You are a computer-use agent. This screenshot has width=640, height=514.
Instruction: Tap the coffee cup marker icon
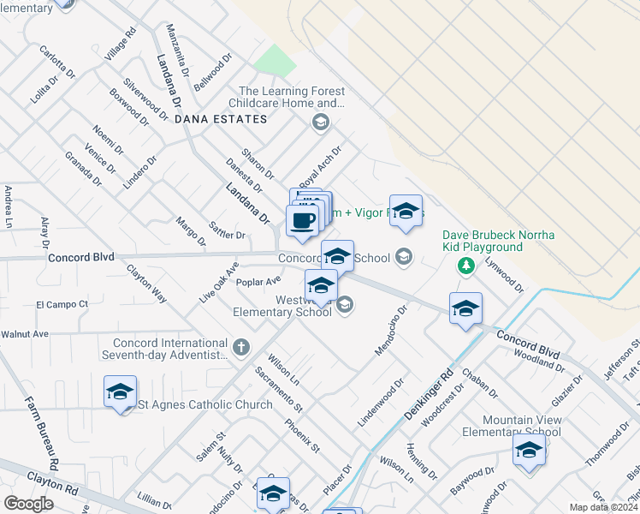coord(301,221)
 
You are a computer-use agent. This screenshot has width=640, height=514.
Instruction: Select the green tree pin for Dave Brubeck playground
coord(465,266)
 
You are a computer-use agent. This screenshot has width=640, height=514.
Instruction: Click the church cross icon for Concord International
coord(241,347)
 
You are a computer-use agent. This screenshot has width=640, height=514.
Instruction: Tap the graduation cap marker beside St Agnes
coord(120,392)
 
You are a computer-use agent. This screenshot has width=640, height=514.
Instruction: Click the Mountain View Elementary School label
coord(523,426)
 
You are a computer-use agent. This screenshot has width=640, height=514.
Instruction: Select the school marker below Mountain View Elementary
coord(529,450)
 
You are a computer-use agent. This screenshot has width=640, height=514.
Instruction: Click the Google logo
coord(28,504)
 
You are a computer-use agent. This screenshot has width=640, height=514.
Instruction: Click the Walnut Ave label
coord(25,333)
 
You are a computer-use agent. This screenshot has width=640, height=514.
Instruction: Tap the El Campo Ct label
coord(62,304)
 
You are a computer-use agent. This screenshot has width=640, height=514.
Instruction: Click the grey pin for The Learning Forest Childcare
coord(321,123)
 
